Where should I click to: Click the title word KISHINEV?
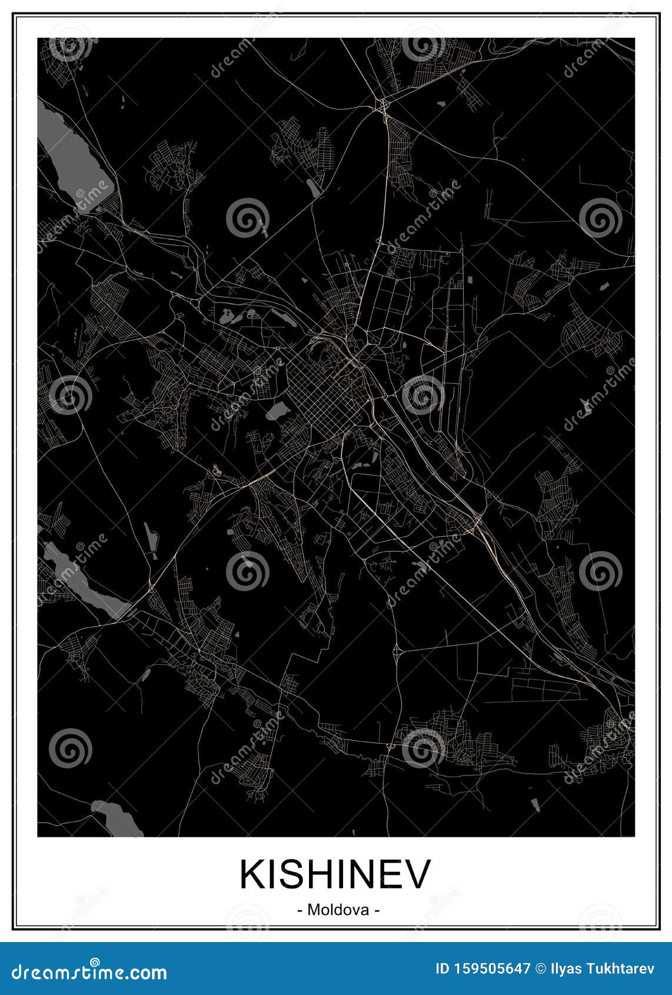point(335,874)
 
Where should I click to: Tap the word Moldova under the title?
point(338,910)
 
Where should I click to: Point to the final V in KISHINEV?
point(418,874)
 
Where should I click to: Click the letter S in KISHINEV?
point(293,874)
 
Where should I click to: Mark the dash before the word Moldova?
point(300,910)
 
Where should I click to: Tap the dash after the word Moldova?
point(377,910)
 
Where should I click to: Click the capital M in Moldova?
point(314,910)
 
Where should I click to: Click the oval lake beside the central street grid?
point(277,410)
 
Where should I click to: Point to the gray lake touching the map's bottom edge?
point(118,818)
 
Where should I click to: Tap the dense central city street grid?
point(330,400)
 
